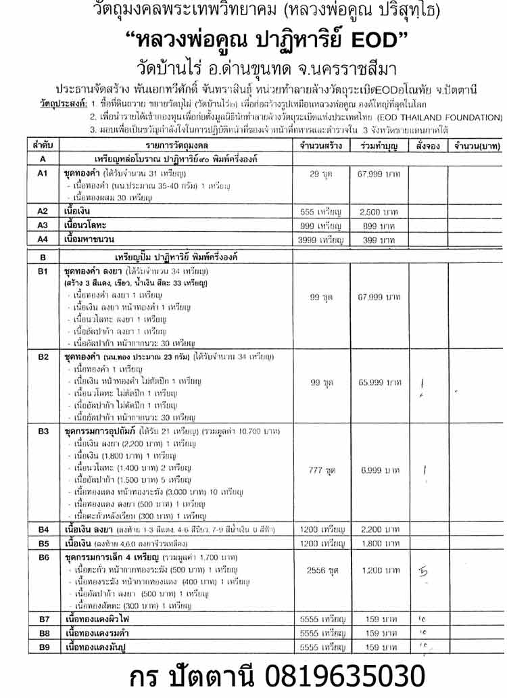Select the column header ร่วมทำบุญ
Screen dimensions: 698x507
(379, 145)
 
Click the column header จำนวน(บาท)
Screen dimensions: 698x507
(476, 145)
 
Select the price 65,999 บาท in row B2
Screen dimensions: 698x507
(379, 382)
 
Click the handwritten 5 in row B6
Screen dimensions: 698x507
(424, 572)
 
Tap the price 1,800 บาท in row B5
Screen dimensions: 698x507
(379, 542)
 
